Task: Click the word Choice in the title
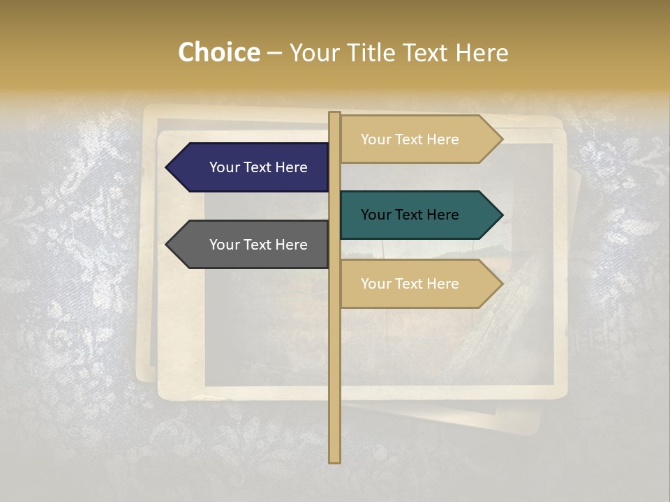[219, 53]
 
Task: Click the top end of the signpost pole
[334, 114]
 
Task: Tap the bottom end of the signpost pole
[334, 461]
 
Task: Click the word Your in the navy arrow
[224, 167]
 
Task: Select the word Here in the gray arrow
[291, 245]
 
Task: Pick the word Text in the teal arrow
[410, 215]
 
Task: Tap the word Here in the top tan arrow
[442, 139]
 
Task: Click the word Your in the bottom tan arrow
[375, 284]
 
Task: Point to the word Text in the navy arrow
[258, 167]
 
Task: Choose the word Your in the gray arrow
[224, 245]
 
